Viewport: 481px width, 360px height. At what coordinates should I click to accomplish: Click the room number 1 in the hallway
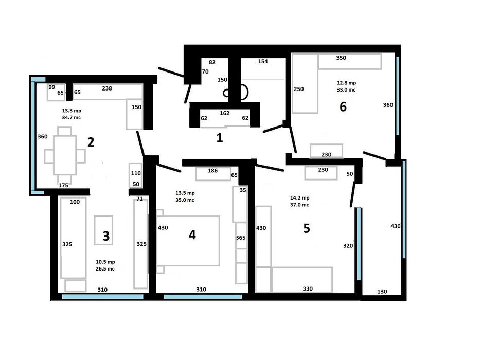tap(220, 138)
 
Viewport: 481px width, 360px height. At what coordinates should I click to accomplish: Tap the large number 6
tap(343, 107)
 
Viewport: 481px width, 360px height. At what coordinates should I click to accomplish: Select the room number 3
tap(106, 236)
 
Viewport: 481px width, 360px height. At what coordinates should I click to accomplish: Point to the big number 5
tap(307, 228)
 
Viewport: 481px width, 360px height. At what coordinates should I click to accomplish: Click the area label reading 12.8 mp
tap(346, 82)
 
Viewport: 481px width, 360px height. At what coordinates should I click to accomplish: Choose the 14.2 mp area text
tap(299, 197)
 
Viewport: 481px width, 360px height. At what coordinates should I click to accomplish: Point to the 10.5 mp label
tap(104, 262)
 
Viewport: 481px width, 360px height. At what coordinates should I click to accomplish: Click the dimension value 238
tap(107, 88)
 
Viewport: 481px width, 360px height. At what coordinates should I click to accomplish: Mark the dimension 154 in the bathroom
tap(263, 62)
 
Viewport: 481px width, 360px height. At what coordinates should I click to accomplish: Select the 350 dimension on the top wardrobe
tap(341, 58)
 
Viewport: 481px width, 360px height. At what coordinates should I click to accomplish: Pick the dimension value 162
tap(224, 113)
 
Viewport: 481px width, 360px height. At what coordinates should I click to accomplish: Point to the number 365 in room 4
tap(241, 238)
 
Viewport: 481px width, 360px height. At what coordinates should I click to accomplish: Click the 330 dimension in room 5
tap(308, 289)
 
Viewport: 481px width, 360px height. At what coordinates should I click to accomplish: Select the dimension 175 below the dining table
tap(64, 185)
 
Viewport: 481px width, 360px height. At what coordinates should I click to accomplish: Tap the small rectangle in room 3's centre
tap(103, 230)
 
